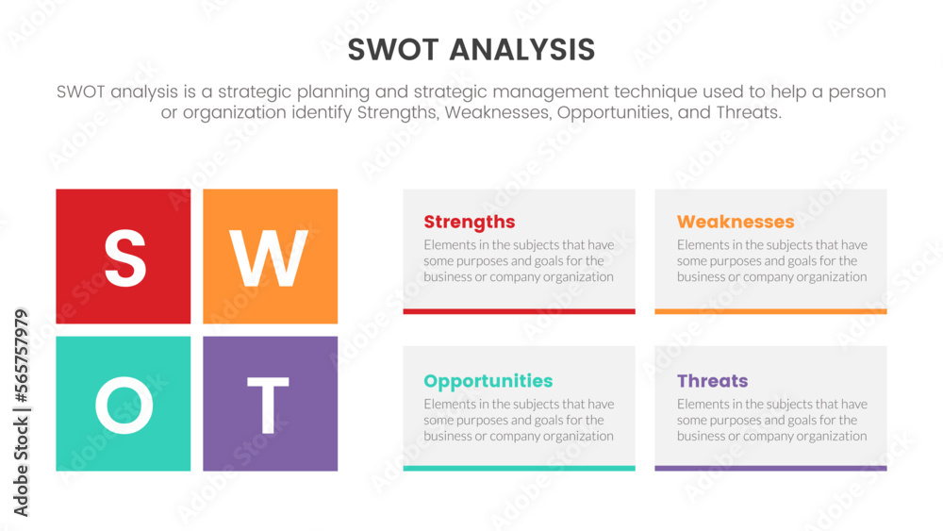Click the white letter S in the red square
coord(125,258)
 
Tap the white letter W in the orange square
coord(269,258)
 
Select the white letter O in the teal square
coord(124,406)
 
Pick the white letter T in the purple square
coord(268,406)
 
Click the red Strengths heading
coord(469,223)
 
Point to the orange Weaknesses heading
coord(736,222)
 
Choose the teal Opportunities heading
coord(488,381)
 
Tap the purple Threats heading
coord(712,381)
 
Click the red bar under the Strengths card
coord(519,311)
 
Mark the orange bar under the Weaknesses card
coord(770,311)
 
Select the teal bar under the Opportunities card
coord(519,468)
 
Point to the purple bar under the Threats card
coord(770,468)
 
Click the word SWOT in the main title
coord(393,50)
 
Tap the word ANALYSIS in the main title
coord(522,50)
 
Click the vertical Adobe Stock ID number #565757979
coord(21,356)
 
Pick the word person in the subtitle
coord(857,92)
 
